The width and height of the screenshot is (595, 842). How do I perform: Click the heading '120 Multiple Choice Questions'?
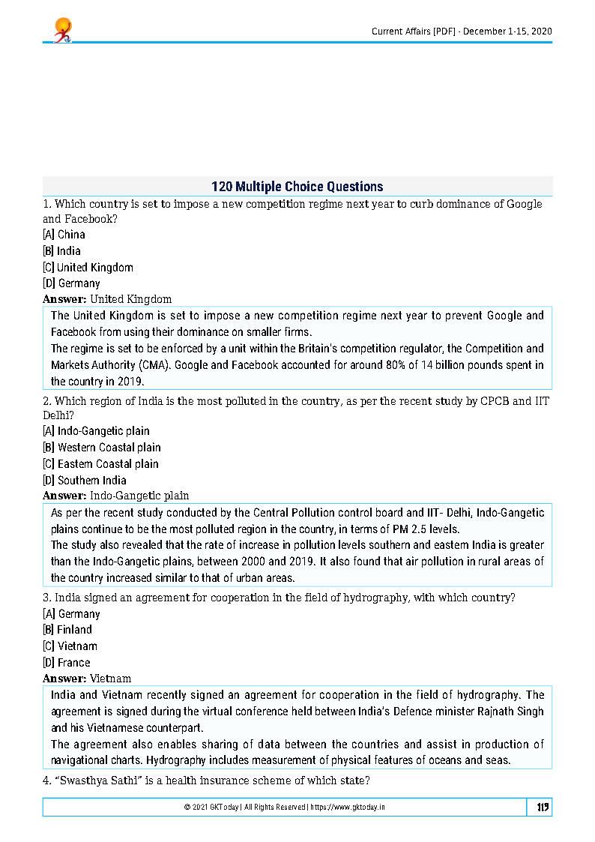pyautogui.click(x=297, y=187)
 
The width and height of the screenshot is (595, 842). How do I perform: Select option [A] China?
pyautogui.click(x=64, y=235)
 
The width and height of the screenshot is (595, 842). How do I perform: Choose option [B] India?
pyautogui.click(x=62, y=251)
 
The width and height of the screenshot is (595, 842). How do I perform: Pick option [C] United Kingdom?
pyautogui.click(x=88, y=268)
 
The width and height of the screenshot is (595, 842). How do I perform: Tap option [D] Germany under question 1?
pyautogui.click(x=72, y=284)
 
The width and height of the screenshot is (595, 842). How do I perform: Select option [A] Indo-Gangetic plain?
pyautogui.click(x=96, y=431)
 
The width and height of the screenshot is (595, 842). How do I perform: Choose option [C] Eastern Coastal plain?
pyautogui.click(x=100, y=464)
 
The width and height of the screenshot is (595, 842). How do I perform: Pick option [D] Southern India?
pyautogui.click(x=85, y=481)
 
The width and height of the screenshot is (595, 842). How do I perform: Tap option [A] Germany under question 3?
pyautogui.click(x=72, y=613)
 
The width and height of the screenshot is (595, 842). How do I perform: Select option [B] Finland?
pyautogui.click(x=67, y=630)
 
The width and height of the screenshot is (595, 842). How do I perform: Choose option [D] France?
pyautogui.click(x=67, y=663)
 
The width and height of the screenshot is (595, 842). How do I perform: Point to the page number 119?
pyautogui.click(x=543, y=807)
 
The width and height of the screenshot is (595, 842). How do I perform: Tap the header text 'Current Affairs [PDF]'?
pyautogui.click(x=414, y=31)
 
